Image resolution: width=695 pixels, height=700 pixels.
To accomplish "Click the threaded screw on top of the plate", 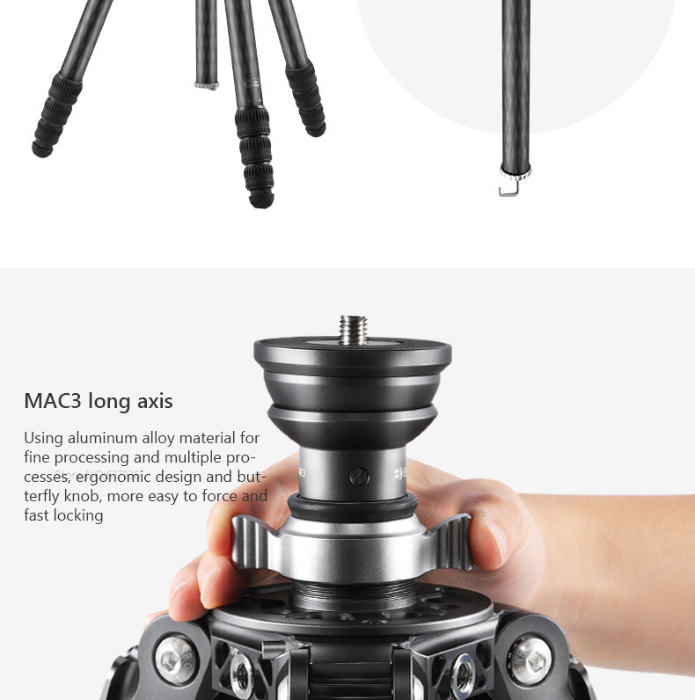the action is (x=353, y=330).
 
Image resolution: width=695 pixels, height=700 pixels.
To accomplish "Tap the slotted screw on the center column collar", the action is (x=360, y=477).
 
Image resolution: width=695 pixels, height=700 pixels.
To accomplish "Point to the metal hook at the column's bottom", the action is (x=509, y=187).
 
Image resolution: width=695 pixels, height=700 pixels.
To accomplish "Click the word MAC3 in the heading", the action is (x=53, y=401).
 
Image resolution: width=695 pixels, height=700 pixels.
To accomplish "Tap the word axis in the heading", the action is (x=155, y=401).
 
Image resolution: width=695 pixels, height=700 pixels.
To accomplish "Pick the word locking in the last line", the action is (x=78, y=515).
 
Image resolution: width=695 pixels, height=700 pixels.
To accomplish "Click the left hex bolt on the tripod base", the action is (x=177, y=660).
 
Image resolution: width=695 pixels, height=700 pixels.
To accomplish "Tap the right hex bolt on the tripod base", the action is (x=530, y=660).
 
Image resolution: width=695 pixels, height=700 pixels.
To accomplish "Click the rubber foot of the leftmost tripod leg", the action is (x=42, y=149).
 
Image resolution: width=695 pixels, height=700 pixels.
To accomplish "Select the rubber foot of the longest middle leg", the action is (x=261, y=200).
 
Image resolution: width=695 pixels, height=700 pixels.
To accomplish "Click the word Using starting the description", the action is (x=43, y=439).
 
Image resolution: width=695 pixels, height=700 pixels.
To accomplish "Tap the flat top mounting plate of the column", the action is (x=353, y=351).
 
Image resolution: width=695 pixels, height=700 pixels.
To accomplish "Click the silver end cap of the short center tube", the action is (x=207, y=85).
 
